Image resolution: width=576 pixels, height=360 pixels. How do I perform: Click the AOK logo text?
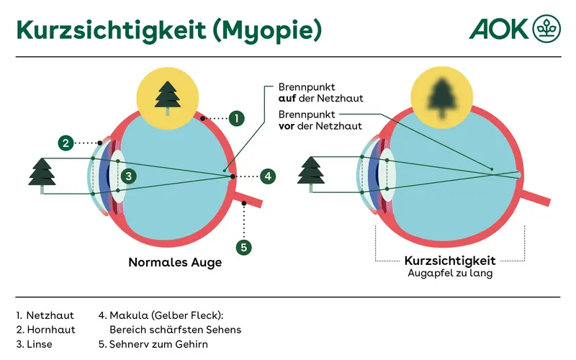coord(499,28)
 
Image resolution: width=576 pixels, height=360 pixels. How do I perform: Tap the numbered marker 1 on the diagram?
coord(237,117)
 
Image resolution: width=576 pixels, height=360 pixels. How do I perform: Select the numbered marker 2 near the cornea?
coord(65,143)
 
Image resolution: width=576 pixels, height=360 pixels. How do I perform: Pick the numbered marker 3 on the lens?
coord(127,176)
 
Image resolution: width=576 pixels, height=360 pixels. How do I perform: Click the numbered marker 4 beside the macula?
coord(266,176)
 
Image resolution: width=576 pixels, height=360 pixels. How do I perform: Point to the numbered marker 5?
coord(245,247)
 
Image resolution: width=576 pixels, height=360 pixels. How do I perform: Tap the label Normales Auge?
coord(175,263)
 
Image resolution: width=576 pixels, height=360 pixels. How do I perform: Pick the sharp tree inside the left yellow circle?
coord(168,98)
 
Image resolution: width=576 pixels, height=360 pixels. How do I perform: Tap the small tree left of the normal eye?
coord(42,175)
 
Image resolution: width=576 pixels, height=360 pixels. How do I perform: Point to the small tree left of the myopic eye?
coord(311,175)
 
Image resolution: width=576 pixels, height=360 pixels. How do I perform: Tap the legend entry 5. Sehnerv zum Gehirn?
coord(153,344)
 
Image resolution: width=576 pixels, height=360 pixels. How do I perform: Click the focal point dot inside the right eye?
coord(492,170)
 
